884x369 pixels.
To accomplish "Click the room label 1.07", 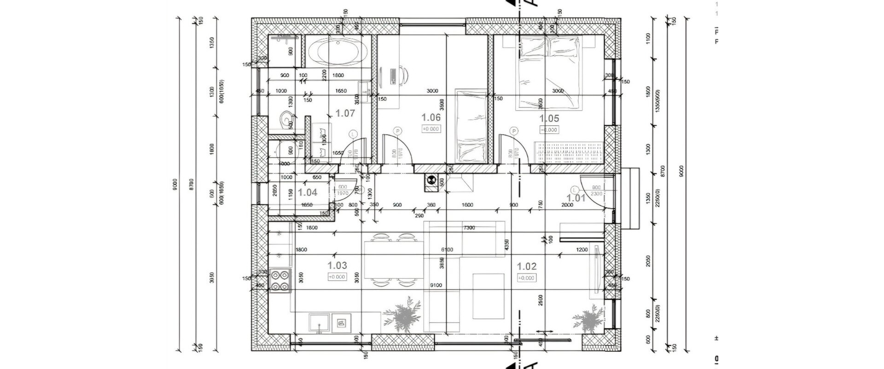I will (x=345, y=113).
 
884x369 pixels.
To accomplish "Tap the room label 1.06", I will (x=431, y=118).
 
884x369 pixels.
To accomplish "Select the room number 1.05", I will (x=549, y=119).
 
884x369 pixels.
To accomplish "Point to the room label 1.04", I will (x=308, y=193).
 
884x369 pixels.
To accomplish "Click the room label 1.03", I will (x=337, y=266).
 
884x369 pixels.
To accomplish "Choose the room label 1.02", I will (x=527, y=267).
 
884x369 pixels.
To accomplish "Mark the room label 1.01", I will (x=576, y=198).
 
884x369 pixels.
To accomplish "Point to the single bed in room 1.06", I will (x=471, y=127).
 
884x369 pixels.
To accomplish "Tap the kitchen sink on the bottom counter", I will (x=320, y=322).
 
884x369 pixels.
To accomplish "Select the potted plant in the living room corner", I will (x=588, y=320).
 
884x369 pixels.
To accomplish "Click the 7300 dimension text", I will (x=469, y=228).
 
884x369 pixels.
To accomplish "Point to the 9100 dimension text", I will (x=436, y=286).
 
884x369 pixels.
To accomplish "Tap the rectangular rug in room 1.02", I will (x=489, y=296).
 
